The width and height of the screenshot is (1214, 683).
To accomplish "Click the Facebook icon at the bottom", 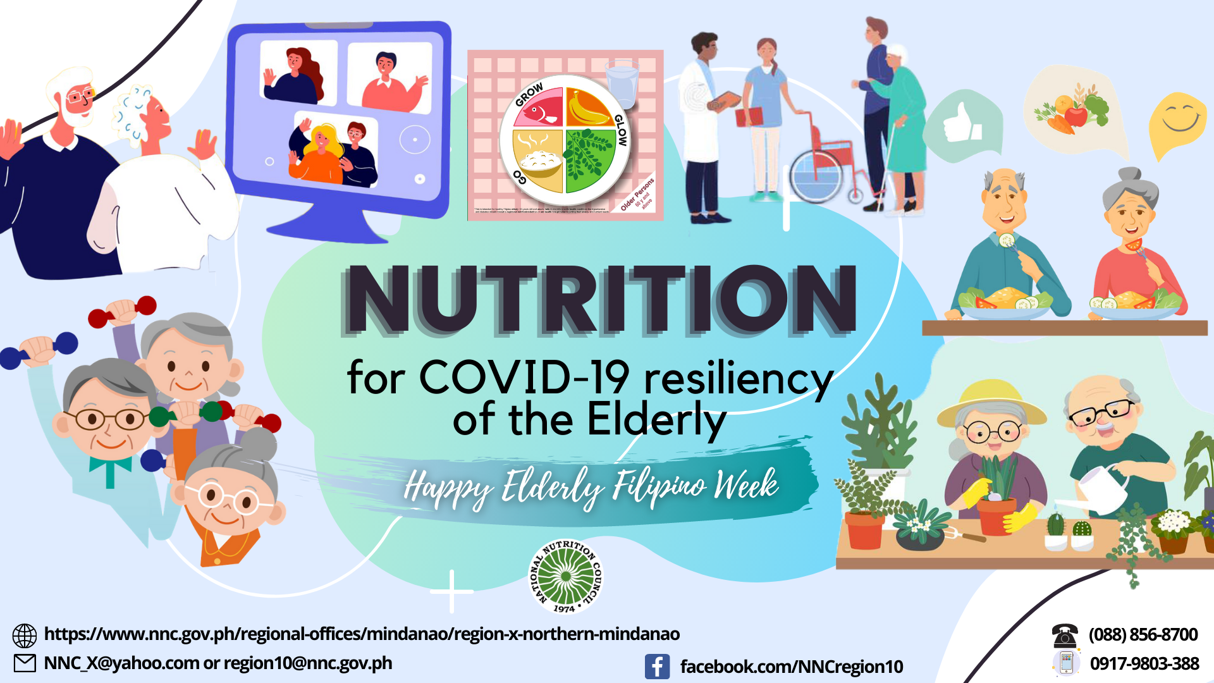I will [657, 667].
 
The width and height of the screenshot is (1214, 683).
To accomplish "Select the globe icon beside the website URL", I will [25, 636].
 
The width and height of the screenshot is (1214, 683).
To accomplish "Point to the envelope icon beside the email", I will [25, 663].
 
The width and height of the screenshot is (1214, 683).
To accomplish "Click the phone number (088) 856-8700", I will [1143, 634].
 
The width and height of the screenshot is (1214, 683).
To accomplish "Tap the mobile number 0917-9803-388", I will [1144, 663].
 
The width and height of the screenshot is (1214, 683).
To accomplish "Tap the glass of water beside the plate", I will [622, 85].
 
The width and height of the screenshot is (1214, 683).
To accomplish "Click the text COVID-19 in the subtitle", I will [524, 378].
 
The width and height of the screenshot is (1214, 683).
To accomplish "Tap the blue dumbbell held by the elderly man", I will [38, 351].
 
